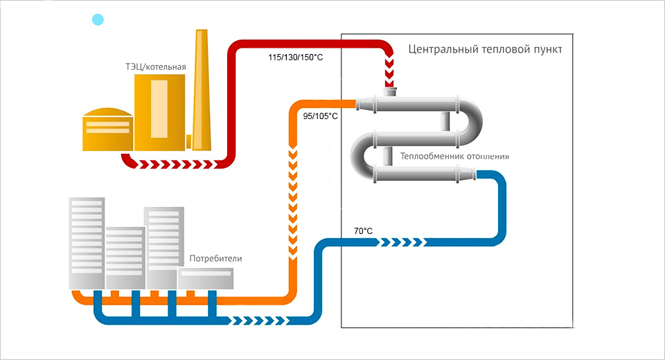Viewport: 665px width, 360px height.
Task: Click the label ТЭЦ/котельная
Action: tap(152, 67)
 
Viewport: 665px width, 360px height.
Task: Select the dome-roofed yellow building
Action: tap(107, 129)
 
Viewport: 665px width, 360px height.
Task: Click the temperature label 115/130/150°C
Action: tap(295, 57)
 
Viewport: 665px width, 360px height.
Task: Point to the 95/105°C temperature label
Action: tap(321, 116)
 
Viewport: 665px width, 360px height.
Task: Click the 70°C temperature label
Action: tap(364, 231)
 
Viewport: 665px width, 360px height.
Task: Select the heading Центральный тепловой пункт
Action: tap(485, 50)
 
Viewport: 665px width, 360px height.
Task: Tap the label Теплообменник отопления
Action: tap(454, 156)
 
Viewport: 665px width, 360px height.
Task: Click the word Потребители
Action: tap(216, 258)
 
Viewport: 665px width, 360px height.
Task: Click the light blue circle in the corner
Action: tap(98, 20)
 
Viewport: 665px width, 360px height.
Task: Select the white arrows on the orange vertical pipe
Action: tap(293, 201)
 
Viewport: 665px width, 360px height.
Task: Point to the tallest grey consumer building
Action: tap(87, 242)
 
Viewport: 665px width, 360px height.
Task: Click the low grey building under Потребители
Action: tap(205, 278)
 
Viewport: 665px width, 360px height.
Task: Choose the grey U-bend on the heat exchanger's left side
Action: tap(361, 156)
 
